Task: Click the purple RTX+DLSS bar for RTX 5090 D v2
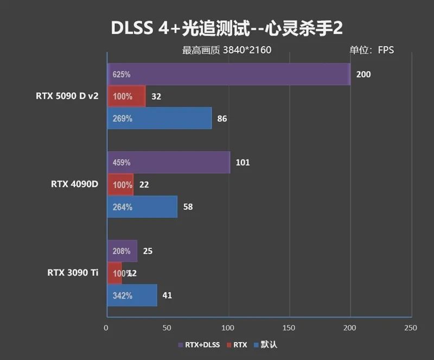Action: pos(228,74)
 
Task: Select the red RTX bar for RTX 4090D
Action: pos(120,184)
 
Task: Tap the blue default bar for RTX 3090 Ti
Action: pos(132,295)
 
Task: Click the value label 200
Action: pos(363,74)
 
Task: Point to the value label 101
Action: pos(242,162)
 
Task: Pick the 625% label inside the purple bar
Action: pos(122,74)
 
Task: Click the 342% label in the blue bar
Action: pos(122,295)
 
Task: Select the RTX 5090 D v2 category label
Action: pos(67,96)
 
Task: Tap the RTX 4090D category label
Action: pos(74,184)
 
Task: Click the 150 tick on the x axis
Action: pos(289,327)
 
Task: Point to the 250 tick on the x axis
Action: pos(411,327)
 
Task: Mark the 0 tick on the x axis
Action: pos(106,327)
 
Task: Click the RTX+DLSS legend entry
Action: pos(199,344)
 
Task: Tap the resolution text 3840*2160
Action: pos(246,50)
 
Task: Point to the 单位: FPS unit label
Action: pos(372,50)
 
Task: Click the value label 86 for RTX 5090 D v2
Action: pos(222,118)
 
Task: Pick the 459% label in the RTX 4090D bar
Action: pos(122,162)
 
